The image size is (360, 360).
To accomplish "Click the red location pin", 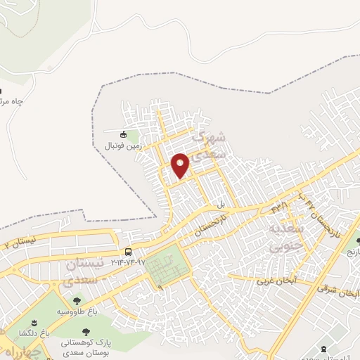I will coord(180,165).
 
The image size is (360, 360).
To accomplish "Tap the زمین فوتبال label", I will coord(123,146).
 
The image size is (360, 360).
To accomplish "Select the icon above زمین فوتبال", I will coord(124,134).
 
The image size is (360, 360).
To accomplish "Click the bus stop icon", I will coord(128,251).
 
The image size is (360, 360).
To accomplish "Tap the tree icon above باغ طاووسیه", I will coord(76,301).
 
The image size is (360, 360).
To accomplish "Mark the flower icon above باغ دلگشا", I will coord(34,321).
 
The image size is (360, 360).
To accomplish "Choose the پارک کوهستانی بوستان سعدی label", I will coord(86,345).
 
